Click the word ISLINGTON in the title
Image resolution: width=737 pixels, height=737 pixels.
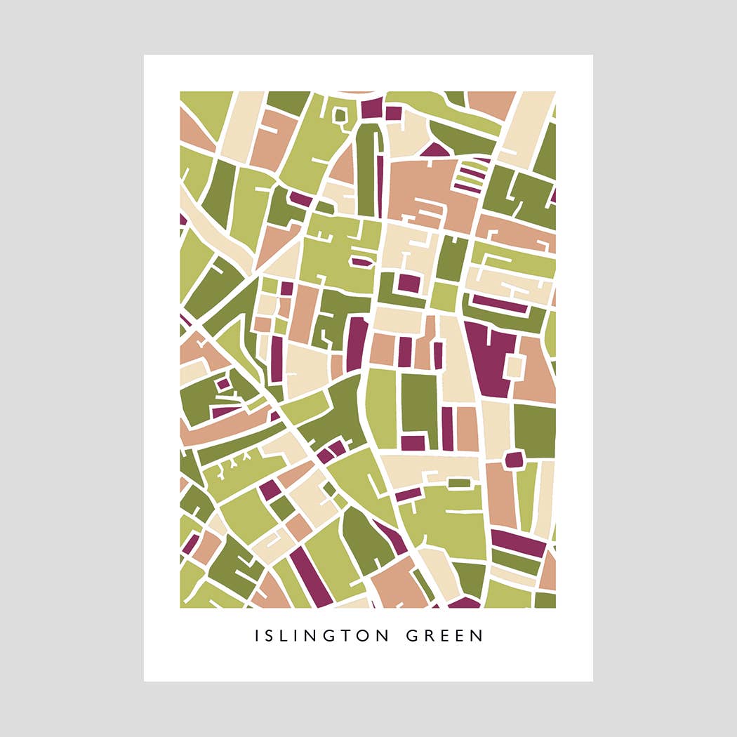point(321,636)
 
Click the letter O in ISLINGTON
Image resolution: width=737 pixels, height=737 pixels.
point(365,636)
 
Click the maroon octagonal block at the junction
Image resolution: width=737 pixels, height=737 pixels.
point(514,460)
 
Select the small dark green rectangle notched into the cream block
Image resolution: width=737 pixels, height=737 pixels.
point(460,483)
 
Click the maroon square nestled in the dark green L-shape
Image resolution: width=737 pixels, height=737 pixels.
point(409,284)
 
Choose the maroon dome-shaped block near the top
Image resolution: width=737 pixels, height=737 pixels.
point(435,150)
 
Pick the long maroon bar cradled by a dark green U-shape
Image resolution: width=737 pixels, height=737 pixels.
point(500,304)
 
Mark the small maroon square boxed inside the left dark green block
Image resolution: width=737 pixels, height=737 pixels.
point(223,384)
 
